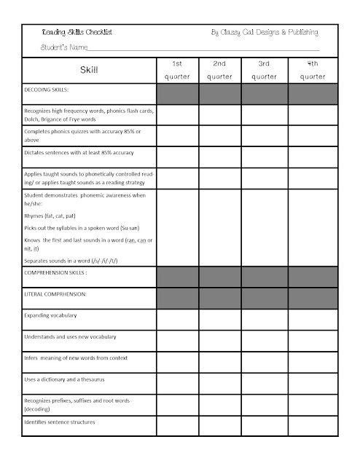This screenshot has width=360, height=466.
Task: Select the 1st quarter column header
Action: pyautogui.click(x=176, y=70)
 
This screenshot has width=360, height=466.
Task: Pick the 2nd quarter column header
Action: pyautogui.click(x=219, y=70)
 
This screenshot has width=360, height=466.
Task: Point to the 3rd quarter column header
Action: pyautogui.click(x=263, y=70)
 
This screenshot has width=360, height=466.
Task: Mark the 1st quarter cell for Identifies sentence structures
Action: pyautogui.click(x=176, y=423)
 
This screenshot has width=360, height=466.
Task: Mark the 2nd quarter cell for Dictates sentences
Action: pyautogui.click(x=219, y=154)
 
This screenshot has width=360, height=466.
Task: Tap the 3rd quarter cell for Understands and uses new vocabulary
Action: pyautogui.click(x=263, y=338)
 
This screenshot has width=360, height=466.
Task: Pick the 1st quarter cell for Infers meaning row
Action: pyautogui.click(x=176, y=359)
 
